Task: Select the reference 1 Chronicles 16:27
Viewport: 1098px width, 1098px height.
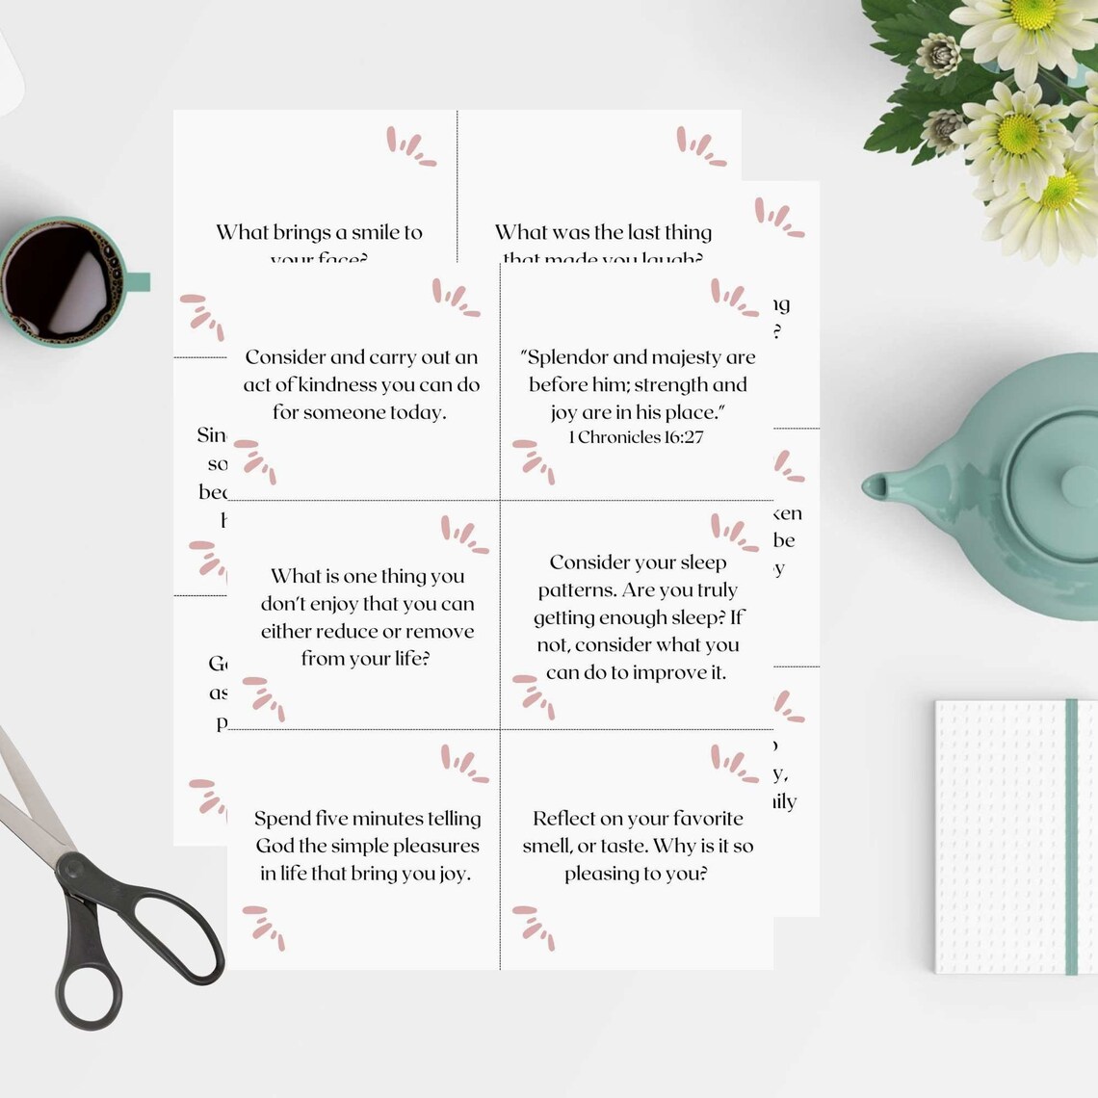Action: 636,437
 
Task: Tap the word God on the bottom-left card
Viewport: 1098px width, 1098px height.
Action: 273,846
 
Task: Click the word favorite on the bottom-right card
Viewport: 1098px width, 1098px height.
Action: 699,819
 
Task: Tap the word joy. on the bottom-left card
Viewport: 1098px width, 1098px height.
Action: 448,874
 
